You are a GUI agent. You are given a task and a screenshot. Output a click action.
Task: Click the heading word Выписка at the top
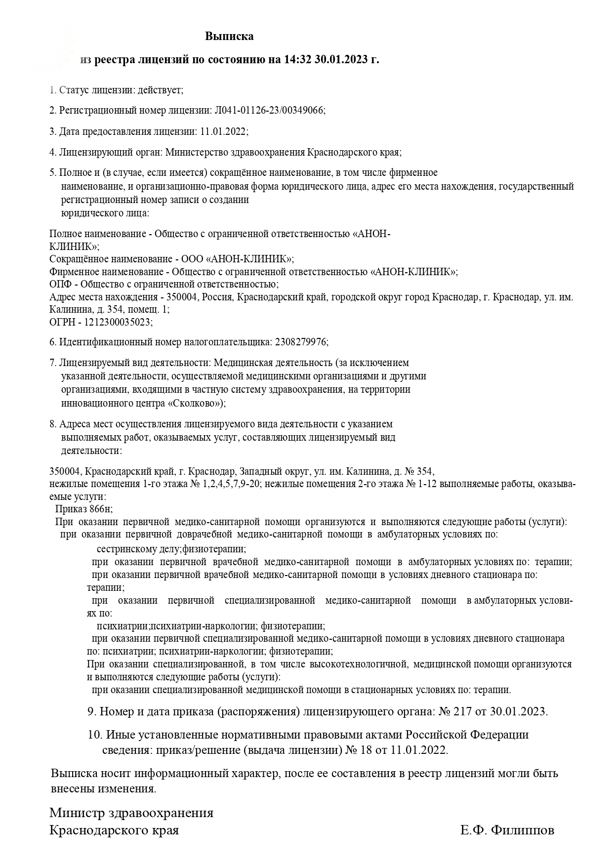click(x=229, y=36)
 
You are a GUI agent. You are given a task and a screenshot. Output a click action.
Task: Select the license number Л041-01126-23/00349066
click(x=269, y=110)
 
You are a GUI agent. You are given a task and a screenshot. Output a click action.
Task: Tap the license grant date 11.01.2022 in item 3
click(x=222, y=131)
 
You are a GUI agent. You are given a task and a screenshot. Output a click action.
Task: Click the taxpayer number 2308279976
click(x=300, y=342)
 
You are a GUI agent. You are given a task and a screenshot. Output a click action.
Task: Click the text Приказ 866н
click(x=87, y=509)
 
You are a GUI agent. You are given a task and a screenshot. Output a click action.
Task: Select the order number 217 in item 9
click(x=466, y=711)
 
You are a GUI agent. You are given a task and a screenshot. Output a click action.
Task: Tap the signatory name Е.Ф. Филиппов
click(x=507, y=830)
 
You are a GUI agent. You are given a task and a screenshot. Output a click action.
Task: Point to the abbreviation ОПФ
click(x=61, y=284)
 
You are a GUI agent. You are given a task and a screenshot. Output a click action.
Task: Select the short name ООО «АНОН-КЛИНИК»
click(x=237, y=259)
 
